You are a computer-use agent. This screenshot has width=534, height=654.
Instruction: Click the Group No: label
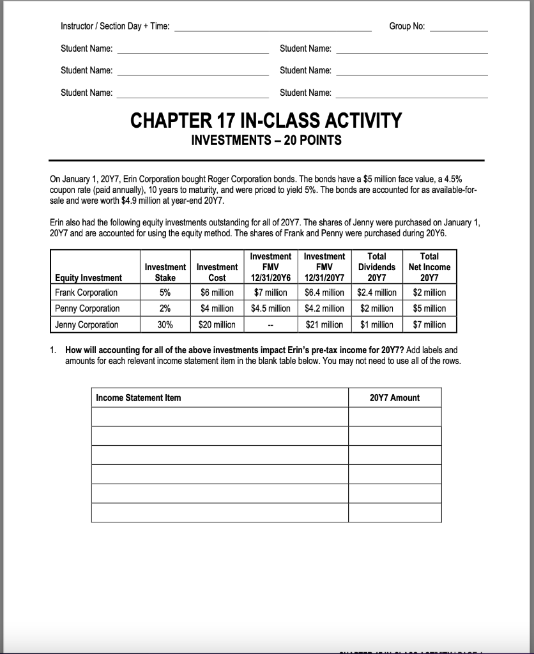coord(407,26)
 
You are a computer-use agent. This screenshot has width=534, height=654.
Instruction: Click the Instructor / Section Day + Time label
coord(115,26)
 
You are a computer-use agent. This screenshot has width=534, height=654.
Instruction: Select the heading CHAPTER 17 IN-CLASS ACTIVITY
coord(266,120)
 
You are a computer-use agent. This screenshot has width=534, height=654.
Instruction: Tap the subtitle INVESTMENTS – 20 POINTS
coord(266,141)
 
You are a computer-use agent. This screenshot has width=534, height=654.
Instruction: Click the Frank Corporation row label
coord(86,293)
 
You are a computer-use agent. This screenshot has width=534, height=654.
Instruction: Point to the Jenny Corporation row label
coord(86,324)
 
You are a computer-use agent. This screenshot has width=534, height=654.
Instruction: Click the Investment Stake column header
coord(165,272)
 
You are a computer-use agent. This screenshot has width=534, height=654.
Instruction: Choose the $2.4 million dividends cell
coord(377,293)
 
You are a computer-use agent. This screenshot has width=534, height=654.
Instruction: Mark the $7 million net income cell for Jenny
coord(430,324)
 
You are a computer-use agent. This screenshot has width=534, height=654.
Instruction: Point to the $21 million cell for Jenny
coord(324,324)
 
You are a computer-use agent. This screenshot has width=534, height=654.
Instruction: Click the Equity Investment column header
coord(88,277)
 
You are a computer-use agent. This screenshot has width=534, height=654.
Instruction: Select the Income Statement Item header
coord(138,398)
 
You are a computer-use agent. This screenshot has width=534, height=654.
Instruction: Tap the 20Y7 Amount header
coord(395,398)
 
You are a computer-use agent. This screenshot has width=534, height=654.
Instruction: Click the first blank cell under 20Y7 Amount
coord(395,416)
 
